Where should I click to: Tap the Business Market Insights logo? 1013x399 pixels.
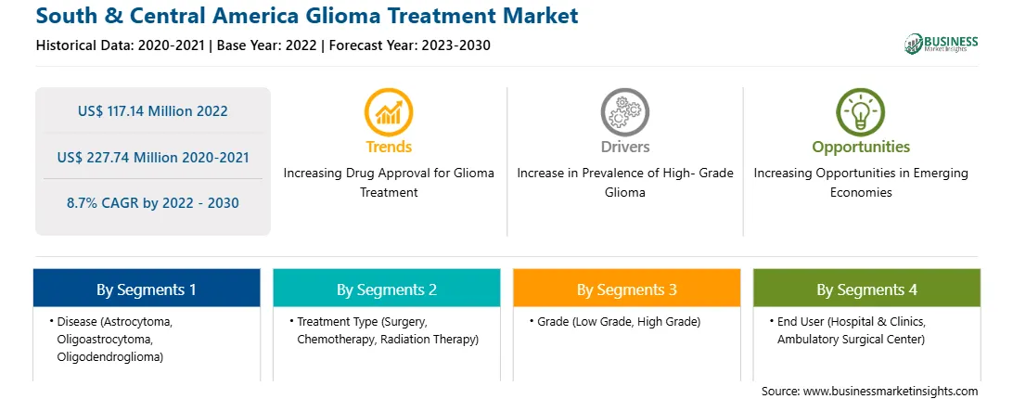point(942,44)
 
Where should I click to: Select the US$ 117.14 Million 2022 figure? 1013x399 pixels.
point(152,111)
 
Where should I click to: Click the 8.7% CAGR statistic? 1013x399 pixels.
point(152,203)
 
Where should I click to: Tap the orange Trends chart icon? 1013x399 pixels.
point(389,112)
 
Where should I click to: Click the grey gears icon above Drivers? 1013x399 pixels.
point(624,112)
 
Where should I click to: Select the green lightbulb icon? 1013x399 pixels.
point(861,112)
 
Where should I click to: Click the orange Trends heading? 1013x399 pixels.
point(389,147)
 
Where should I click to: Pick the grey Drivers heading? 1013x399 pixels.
point(624,147)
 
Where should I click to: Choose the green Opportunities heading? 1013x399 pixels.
point(861,148)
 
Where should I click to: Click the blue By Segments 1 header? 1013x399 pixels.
point(147,289)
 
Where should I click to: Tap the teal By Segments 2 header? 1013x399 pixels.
point(386,289)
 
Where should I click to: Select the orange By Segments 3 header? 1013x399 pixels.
point(627,289)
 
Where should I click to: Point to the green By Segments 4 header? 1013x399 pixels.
point(867,289)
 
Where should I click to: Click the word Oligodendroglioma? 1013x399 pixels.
point(109,357)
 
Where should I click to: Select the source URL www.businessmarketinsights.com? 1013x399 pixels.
point(891,391)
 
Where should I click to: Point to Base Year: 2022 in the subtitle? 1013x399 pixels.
point(267,45)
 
